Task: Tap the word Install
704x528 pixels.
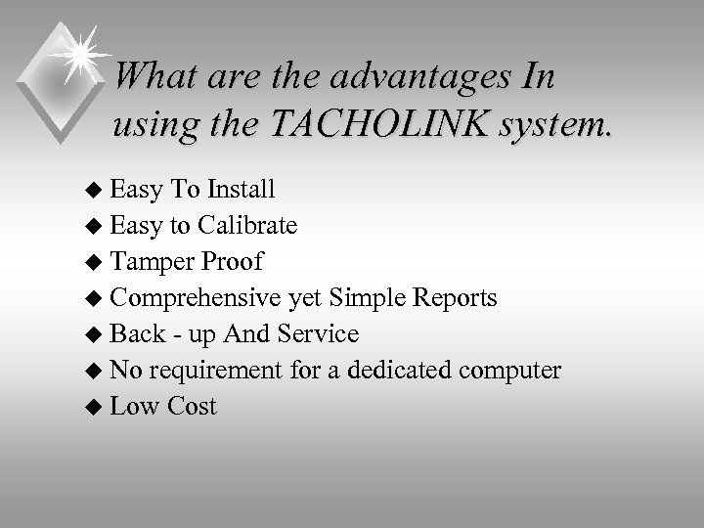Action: click(240, 188)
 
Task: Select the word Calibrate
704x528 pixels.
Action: click(247, 226)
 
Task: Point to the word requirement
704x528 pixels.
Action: click(199, 372)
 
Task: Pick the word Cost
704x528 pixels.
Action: click(191, 406)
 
